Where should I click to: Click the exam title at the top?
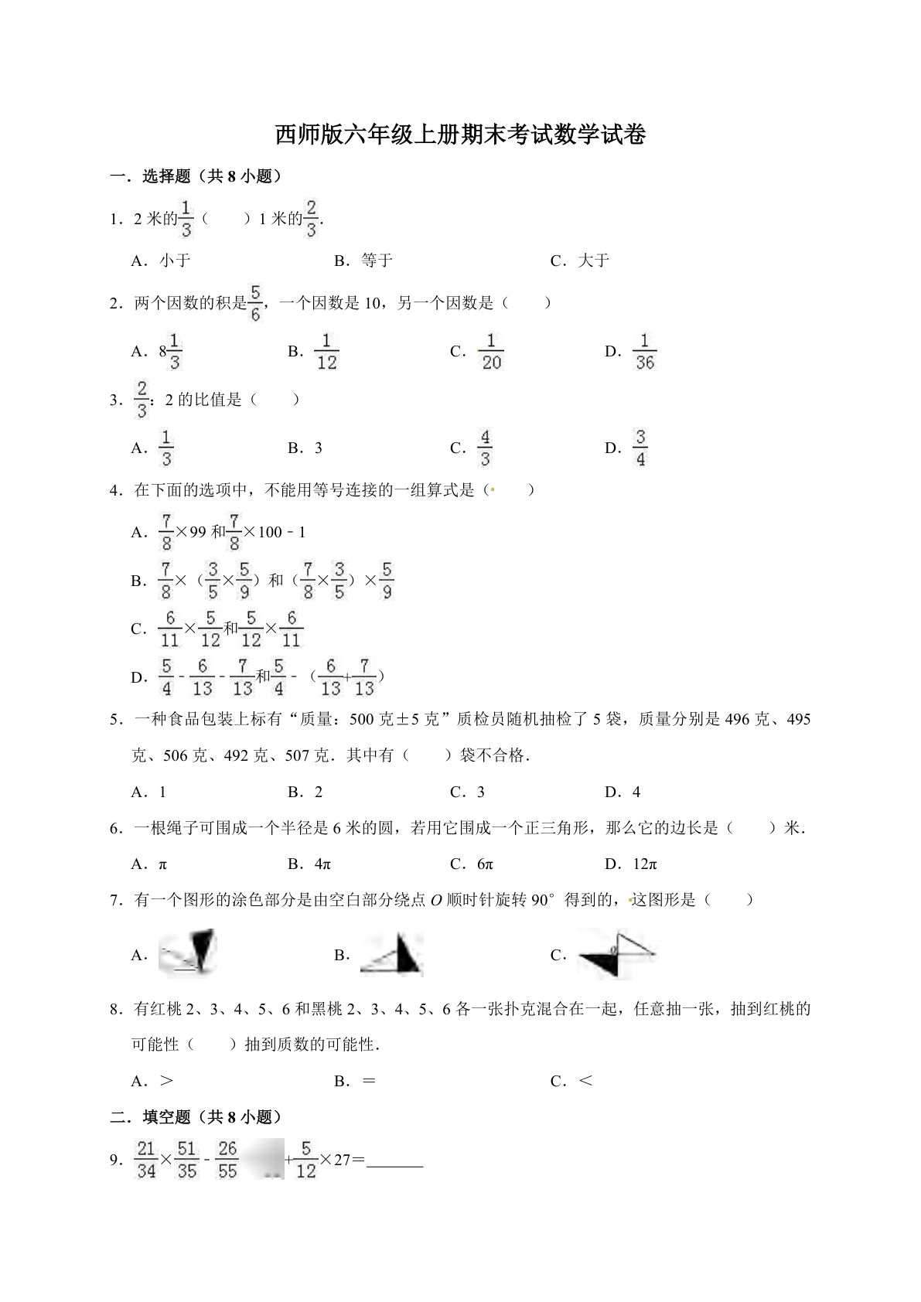460,135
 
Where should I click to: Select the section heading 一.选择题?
196,177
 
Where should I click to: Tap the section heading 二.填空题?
196,1117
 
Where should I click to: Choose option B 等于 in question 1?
376,261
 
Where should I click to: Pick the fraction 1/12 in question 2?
326,352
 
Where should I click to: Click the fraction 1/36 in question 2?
644,352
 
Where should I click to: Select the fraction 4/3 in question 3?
485,448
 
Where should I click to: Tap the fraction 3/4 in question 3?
640,448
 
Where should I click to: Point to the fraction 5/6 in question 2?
255,303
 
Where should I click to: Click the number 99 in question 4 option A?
198,532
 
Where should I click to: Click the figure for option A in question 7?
188,953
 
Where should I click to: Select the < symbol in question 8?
585,1081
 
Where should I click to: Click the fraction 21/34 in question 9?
146,1160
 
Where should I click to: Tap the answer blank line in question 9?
394,1161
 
